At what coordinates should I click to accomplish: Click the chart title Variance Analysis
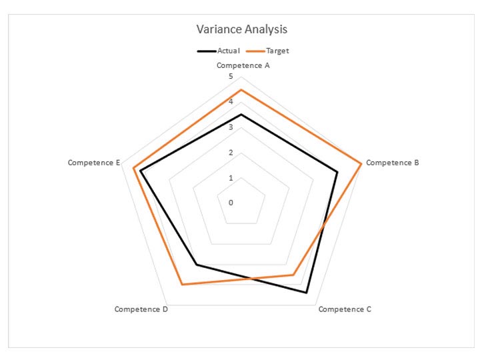pyautogui.click(x=241, y=30)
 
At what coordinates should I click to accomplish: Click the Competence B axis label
pyautogui.click(x=393, y=162)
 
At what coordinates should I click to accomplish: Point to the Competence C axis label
pyautogui.click(x=345, y=309)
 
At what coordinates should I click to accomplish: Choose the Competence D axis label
pyautogui.click(x=141, y=309)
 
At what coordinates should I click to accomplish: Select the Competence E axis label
pyautogui.click(x=93, y=163)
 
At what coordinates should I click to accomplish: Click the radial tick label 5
pyautogui.click(x=231, y=77)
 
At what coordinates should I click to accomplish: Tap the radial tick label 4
pyautogui.click(x=231, y=102)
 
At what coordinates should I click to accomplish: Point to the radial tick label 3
pyautogui.click(x=231, y=127)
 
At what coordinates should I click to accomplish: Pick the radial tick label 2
pyautogui.click(x=231, y=153)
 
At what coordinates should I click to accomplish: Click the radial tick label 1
pyautogui.click(x=231, y=178)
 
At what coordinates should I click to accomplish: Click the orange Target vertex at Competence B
pyautogui.click(x=361, y=163)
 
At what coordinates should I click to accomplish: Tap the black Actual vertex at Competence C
pyautogui.click(x=306, y=292)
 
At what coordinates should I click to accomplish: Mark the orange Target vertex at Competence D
pyautogui.click(x=182, y=285)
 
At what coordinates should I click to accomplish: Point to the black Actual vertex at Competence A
pyautogui.click(x=241, y=114)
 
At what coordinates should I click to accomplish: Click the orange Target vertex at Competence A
pyautogui.click(x=241, y=89)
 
